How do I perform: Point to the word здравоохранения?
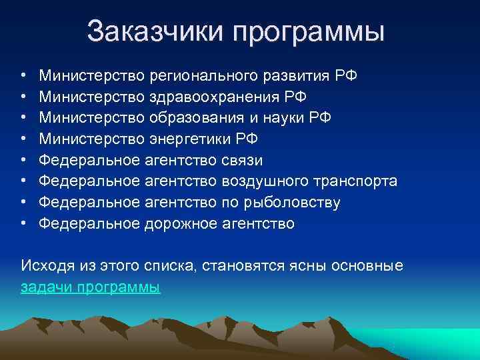(213, 97)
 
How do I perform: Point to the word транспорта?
(350, 182)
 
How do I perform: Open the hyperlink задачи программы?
(91, 288)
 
